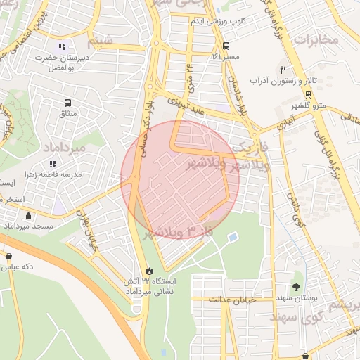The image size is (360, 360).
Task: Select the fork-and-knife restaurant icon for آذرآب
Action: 283,70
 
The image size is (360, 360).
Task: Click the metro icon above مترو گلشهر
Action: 308,94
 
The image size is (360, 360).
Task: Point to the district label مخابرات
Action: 316,39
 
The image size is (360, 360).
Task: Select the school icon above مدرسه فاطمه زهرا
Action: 53,164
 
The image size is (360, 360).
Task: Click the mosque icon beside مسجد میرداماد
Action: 28,216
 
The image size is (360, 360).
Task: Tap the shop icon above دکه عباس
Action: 8,257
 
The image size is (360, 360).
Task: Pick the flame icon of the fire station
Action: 148,271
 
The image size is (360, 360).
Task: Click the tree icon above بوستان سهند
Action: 296,286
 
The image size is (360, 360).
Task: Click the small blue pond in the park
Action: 233,237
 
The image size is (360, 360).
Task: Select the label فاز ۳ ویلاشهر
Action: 179,232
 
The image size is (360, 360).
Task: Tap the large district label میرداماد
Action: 64,148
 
